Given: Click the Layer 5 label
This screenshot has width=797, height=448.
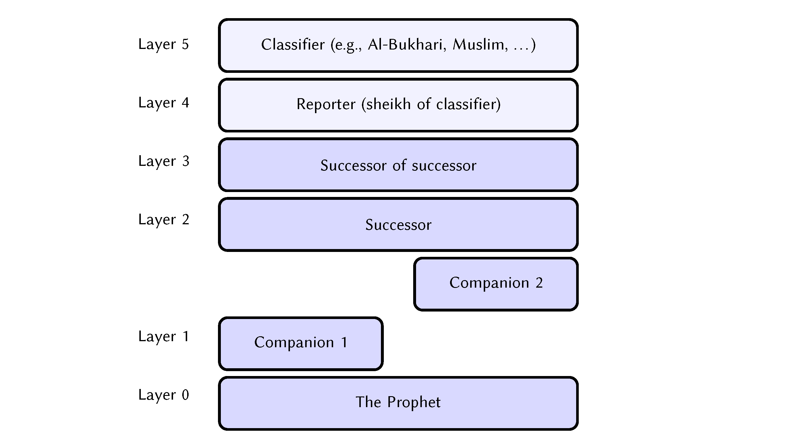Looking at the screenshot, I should click(x=163, y=44).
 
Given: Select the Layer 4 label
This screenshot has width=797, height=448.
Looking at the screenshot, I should click(x=163, y=103).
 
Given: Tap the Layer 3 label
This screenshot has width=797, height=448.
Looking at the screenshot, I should click(x=163, y=161).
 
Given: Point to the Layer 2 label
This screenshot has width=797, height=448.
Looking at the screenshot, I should click(x=163, y=220).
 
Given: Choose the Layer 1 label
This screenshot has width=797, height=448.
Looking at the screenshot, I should click(x=163, y=337).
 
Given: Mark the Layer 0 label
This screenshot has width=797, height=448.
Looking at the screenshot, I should click(x=163, y=395).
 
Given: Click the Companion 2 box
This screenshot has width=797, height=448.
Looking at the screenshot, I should click(x=496, y=284).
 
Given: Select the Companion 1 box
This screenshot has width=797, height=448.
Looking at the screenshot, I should click(x=301, y=343).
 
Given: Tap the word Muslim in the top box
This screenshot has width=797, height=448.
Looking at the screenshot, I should click(x=480, y=45).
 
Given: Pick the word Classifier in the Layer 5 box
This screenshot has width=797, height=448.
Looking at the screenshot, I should click(x=293, y=45).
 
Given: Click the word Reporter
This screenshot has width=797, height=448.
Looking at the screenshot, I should click(x=326, y=104).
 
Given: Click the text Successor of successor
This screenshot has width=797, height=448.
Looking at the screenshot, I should click(x=398, y=165).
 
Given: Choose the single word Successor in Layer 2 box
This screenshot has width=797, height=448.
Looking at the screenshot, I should click(x=398, y=225).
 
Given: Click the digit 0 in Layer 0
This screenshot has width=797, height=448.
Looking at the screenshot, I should click(x=185, y=395).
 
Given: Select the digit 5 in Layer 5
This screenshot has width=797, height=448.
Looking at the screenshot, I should click(x=185, y=44).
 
